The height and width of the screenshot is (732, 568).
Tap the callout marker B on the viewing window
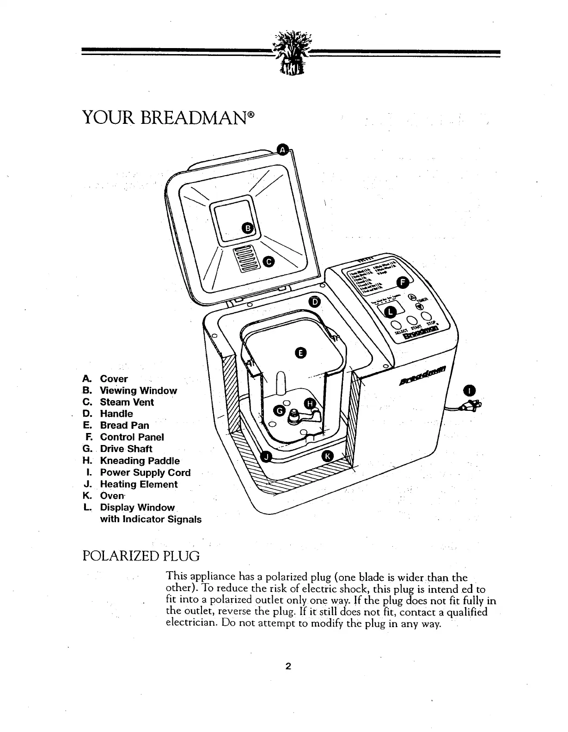pyautogui.click(x=248, y=228)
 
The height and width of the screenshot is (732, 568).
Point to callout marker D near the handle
pyautogui.click(x=315, y=301)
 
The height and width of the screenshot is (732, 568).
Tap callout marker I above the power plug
pyautogui.click(x=470, y=389)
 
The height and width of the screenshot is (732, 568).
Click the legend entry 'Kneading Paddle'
pyautogui.click(x=140, y=461)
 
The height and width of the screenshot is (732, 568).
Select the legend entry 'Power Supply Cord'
pyautogui.click(x=145, y=472)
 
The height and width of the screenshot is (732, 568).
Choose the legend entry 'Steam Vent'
pyautogui.click(x=127, y=402)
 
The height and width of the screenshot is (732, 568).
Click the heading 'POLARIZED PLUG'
pyautogui.click(x=140, y=555)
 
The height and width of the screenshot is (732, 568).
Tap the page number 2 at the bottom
pyautogui.click(x=288, y=666)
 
